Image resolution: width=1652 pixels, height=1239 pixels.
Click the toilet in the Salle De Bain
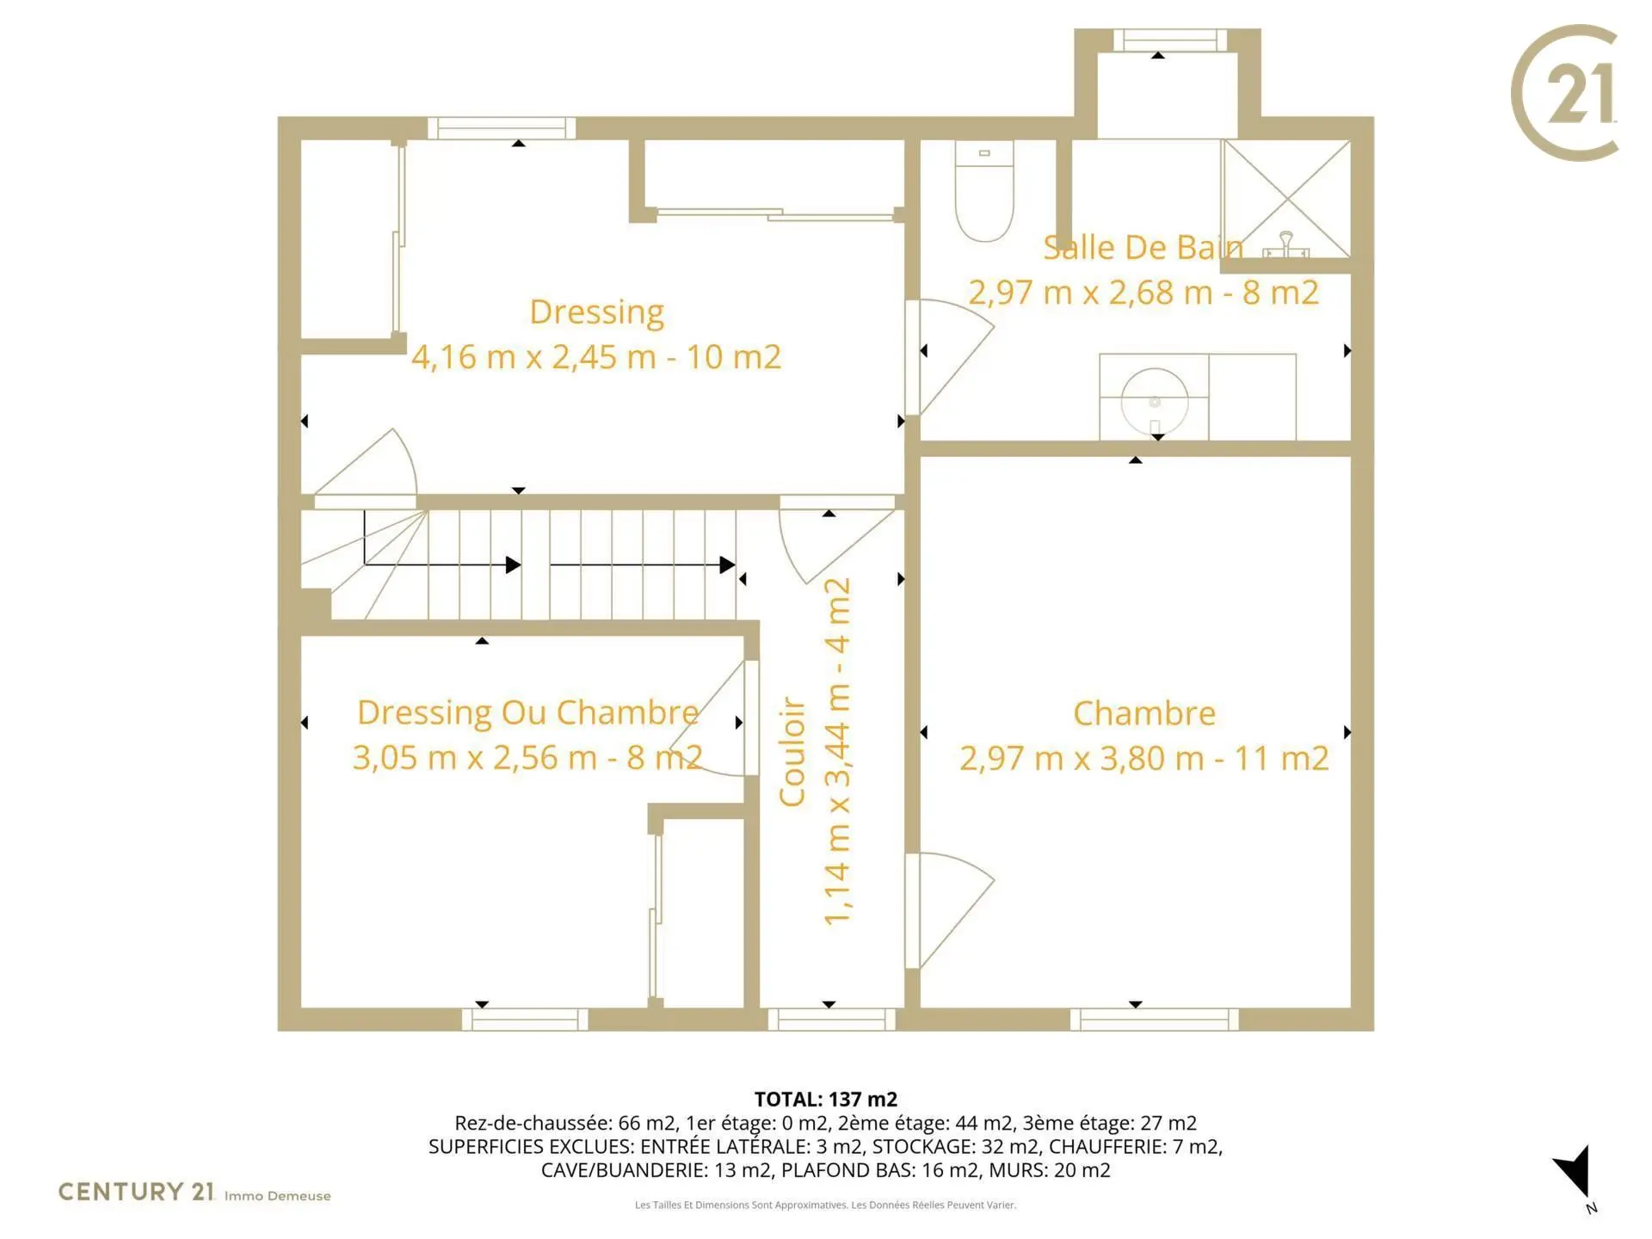coord(984,191)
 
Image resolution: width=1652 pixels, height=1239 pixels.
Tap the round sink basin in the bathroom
coord(1155,401)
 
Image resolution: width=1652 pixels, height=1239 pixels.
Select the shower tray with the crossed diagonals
coord(1286,199)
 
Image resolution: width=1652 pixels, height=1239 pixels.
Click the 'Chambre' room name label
coord(1144,713)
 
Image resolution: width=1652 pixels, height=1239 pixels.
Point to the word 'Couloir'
coord(792,752)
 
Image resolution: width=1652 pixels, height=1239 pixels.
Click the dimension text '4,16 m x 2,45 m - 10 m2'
coord(596,356)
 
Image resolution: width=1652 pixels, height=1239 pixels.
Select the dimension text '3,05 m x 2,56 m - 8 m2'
coord(527,757)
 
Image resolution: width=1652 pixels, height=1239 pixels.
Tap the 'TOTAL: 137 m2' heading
coord(826,1099)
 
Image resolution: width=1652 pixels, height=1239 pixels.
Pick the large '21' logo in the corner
coord(1565,93)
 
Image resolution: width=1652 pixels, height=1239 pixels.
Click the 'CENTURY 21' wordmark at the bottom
coord(136,1192)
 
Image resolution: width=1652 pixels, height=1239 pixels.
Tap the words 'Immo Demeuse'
coord(277,1196)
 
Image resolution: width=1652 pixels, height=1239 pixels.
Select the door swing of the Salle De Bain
coord(951,357)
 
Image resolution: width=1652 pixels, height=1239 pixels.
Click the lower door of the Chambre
coord(951,910)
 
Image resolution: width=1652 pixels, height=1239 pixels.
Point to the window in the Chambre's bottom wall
coord(1155,1020)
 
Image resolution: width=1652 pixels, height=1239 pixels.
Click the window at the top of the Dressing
coord(502,128)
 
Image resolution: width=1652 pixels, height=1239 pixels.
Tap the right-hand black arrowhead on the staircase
coord(727,565)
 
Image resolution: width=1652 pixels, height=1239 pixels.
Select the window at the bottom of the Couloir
coord(832,1020)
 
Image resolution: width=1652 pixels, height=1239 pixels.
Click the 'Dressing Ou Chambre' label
coord(527,712)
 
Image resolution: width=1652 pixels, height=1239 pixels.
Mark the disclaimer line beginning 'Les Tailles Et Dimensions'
coord(826,1205)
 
